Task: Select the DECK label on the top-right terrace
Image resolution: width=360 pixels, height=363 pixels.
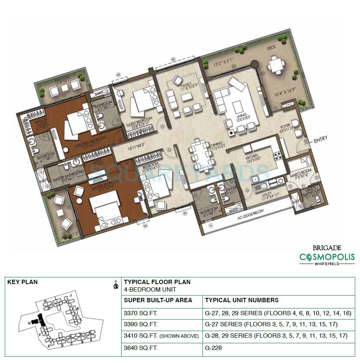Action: [x=271, y=48]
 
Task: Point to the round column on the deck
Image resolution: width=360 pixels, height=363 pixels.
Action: [x=253, y=63]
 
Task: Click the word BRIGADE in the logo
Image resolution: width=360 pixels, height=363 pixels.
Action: [x=327, y=248]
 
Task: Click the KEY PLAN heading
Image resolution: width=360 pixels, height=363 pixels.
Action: [x=22, y=282]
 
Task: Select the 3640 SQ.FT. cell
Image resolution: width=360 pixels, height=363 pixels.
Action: [x=141, y=348]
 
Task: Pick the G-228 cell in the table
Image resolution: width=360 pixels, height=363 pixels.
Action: [x=214, y=348]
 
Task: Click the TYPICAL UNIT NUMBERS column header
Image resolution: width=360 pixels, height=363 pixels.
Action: [x=242, y=300]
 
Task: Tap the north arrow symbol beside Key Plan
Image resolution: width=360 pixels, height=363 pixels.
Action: [x=116, y=285]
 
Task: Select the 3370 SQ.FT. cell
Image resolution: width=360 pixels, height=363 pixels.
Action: [x=141, y=313]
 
